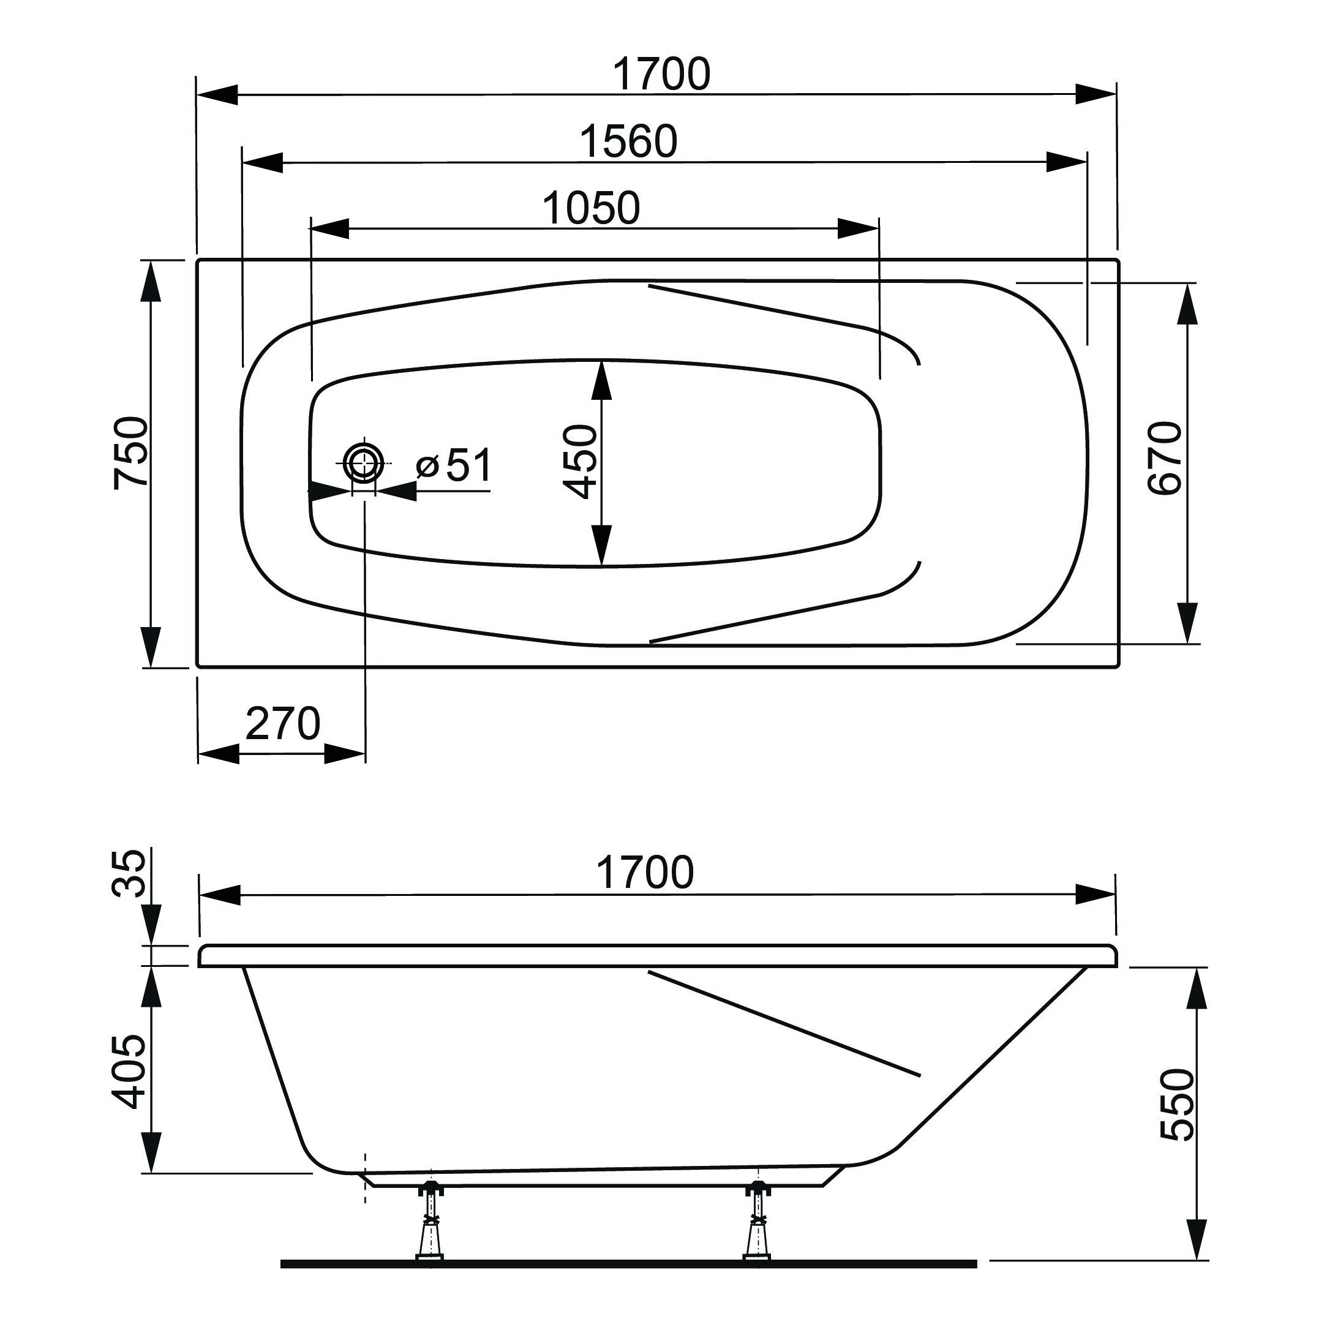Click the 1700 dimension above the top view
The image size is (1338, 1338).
(661, 75)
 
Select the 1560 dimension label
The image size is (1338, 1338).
(628, 142)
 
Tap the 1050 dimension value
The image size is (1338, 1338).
(591, 208)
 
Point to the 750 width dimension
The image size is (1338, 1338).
(131, 453)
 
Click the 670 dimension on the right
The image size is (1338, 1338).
(1165, 458)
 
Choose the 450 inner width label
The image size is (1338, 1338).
(581, 462)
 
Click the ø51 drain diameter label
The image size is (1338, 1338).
(455, 465)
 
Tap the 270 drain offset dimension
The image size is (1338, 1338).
(282, 724)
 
